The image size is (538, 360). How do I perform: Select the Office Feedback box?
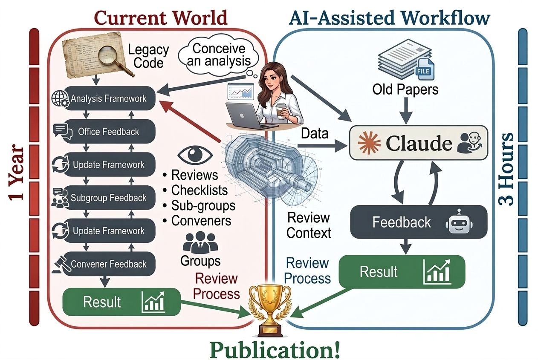click(x=108, y=132)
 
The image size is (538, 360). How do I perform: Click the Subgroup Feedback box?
click(x=108, y=198)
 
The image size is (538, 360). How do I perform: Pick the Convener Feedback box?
click(x=108, y=264)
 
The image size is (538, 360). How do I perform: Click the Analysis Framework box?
click(x=108, y=99)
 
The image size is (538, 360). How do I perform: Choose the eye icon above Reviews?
click(x=192, y=155)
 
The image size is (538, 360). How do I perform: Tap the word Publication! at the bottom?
click(x=275, y=349)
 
